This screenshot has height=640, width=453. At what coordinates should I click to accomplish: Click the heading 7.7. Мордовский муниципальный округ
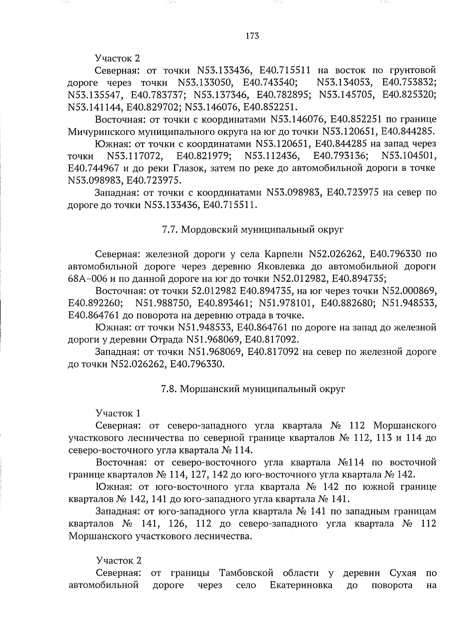[252, 230]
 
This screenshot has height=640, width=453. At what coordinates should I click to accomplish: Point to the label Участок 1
[118, 413]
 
